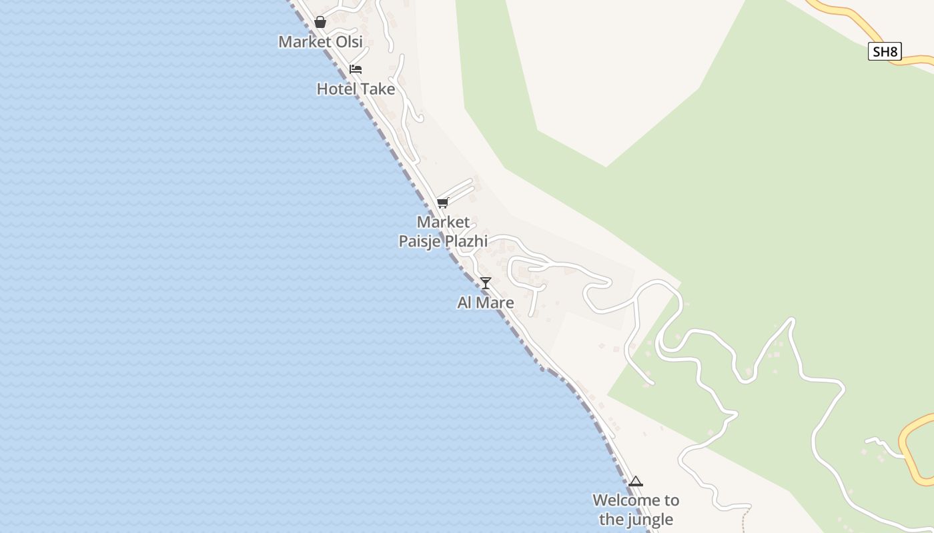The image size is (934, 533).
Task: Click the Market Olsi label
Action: point(320,41)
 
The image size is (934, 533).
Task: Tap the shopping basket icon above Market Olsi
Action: point(320,22)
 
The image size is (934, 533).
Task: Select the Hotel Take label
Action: point(356,89)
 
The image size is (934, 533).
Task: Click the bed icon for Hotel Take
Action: point(356,69)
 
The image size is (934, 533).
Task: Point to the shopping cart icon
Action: point(442,203)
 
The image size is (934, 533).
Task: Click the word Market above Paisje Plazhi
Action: point(443,222)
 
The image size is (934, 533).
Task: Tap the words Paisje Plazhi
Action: point(443,241)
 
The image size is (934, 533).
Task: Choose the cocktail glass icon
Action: point(486,283)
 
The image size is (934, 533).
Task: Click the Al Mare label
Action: point(486,302)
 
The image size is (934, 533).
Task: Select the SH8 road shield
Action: point(885,51)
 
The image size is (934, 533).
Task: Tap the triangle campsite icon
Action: point(636,481)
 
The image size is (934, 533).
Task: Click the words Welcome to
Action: point(636,500)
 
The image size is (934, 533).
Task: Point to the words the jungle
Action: point(636,519)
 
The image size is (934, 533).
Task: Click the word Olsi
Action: point(349,41)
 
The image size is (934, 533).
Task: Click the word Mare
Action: point(496,302)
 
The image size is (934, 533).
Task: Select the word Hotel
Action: point(337,89)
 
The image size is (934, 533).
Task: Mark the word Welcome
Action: point(619,500)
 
